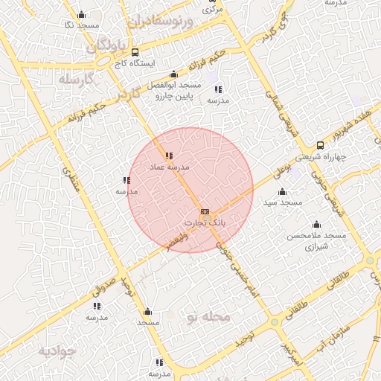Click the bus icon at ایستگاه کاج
(x=135, y=52)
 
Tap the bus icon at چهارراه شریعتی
(x=320, y=145)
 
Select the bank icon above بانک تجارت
(x=205, y=212)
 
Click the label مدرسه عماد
(x=170, y=167)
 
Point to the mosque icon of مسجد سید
(x=282, y=192)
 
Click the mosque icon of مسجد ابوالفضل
(x=173, y=74)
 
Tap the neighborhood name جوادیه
(x=57, y=350)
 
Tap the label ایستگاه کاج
(x=135, y=64)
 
